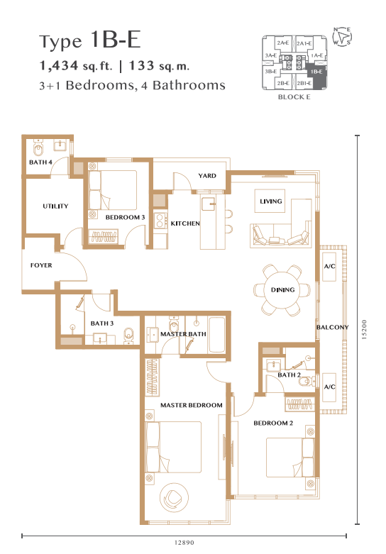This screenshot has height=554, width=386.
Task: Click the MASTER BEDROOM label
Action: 192,405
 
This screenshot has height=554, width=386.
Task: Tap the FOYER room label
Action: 41,265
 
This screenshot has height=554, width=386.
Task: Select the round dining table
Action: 282,289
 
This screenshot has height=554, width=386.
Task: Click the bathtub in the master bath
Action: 216,335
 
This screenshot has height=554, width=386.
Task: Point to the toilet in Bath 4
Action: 38,148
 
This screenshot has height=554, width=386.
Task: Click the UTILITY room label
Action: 55,206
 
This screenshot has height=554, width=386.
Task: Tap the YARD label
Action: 207,176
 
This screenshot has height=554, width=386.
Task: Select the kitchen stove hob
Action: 160,221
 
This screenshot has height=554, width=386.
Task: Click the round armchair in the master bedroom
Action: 174,498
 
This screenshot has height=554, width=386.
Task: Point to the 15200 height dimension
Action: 365,330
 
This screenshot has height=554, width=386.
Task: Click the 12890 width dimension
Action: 184,543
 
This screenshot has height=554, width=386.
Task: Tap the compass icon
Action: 342,36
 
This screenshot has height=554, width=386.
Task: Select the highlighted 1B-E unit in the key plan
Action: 316,75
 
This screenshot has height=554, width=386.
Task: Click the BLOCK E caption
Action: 294,96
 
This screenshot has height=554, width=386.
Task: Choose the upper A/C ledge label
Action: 329,266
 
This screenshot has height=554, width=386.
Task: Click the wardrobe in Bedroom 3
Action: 104,236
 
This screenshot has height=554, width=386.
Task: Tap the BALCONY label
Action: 332,327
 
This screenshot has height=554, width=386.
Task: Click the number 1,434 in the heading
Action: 59,65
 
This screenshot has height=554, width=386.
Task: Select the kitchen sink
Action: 209,204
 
